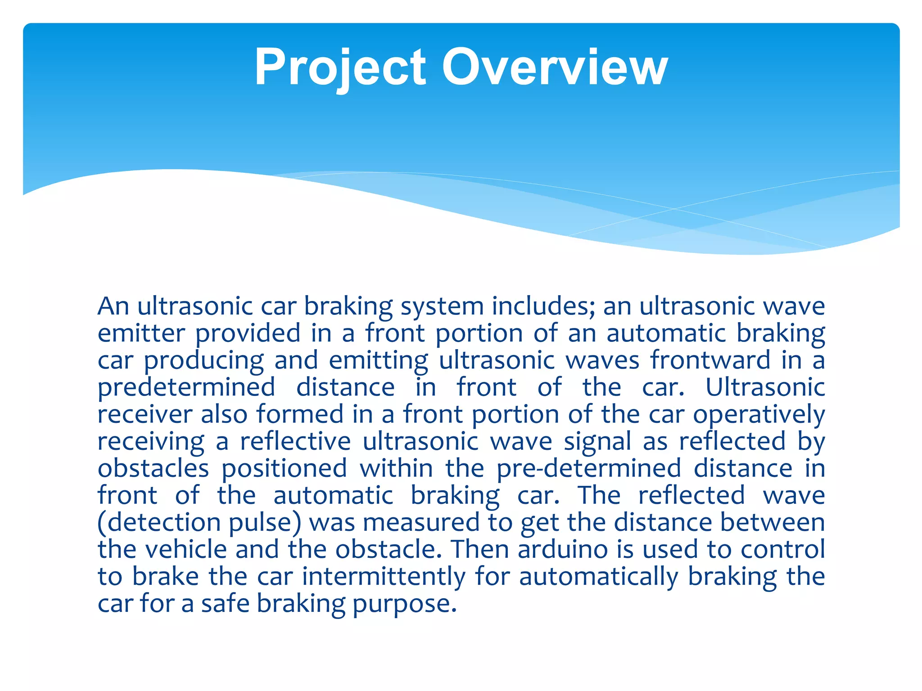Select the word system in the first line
pos(442,306)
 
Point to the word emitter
pos(141,333)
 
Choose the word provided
pos(248,334)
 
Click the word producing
pos(203,361)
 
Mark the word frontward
pos(710,360)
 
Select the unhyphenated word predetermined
pos(186,388)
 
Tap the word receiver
pos(145,415)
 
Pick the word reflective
pos(295,441)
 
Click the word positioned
pos(284,469)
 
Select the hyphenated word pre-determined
pos(589,469)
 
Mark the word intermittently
pos(384,577)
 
